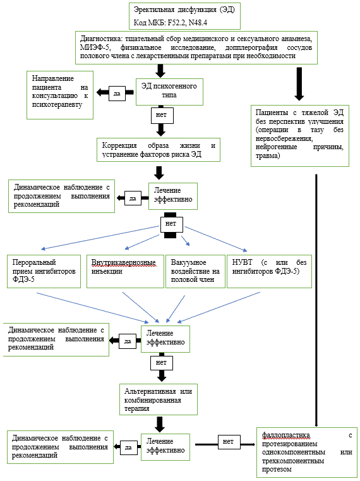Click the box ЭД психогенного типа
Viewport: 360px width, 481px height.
tap(169, 91)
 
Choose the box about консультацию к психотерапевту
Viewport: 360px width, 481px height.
tap(60, 95)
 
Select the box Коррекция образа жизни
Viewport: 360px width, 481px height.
tap(159, 150)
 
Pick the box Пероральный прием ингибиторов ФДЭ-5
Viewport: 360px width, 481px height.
tap(44, 271)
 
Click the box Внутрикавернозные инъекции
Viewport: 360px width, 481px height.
tap(126, 271)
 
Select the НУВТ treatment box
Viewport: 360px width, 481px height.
tap(269, 271)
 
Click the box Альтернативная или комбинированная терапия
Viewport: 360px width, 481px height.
tap(159, 399)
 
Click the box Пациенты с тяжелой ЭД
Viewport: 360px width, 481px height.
tap(300, 136)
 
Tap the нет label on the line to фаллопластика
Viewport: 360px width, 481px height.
tap(228, 442)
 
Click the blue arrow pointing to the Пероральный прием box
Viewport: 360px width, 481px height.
tap(100, 238)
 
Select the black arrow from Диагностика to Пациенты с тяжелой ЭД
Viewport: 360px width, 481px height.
tap(299, 83)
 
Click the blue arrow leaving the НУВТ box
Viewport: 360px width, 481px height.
tap(219, 307)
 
